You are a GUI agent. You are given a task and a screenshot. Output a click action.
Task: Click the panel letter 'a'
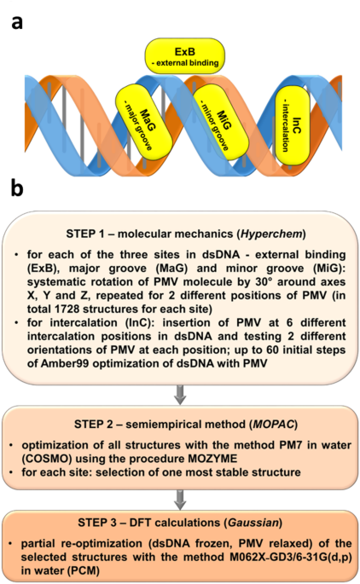(17, 23)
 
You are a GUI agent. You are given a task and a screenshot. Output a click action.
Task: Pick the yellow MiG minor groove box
(213, 128)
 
